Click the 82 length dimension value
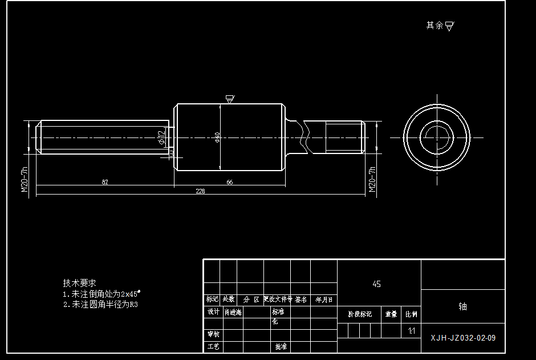click(105, 182)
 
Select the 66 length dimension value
click(229, 182)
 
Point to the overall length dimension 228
click(201, 192)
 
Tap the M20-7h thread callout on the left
click(25, 180)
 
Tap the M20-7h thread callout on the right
click(372, 180)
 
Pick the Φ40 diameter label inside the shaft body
click(217, 137)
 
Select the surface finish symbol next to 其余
click(449, 26)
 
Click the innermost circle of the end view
click(436, 137)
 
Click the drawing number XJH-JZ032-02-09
click(463, 338)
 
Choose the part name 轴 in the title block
click(462, 306)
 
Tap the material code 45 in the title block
click(376, 284)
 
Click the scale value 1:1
click(411, 331)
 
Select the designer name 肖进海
click(233, 312)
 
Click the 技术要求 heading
click(79, 283)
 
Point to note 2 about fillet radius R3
click(100, 305)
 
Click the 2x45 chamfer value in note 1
click(131, 294)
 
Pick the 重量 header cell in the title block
click(391, 314)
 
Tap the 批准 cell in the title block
click(281, 346)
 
